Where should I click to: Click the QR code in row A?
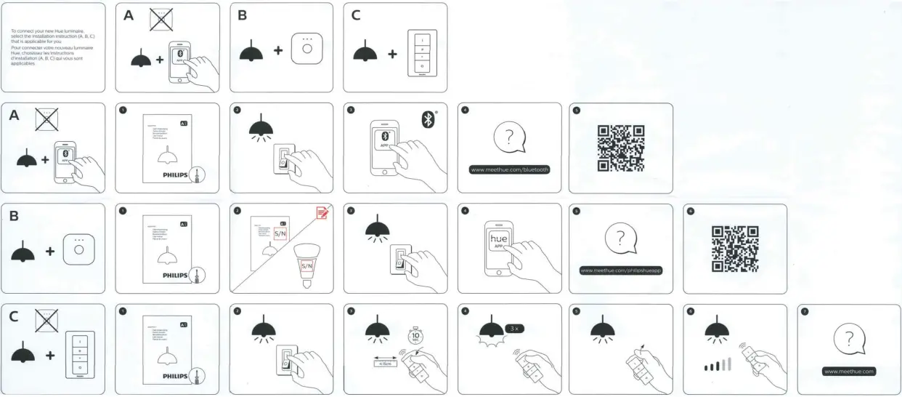(x=621, y=148)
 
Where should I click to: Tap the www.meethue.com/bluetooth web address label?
(x=510, y=169)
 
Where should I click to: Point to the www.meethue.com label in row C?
(x=849, y=371)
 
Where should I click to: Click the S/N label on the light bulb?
(x=307, y=266)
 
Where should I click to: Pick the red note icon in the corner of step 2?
(x=322, y=212)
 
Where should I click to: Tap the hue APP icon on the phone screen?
(x=500, y=241)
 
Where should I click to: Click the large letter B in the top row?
(x=243, y=15)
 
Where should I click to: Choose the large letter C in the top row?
(x=356, y=15)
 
